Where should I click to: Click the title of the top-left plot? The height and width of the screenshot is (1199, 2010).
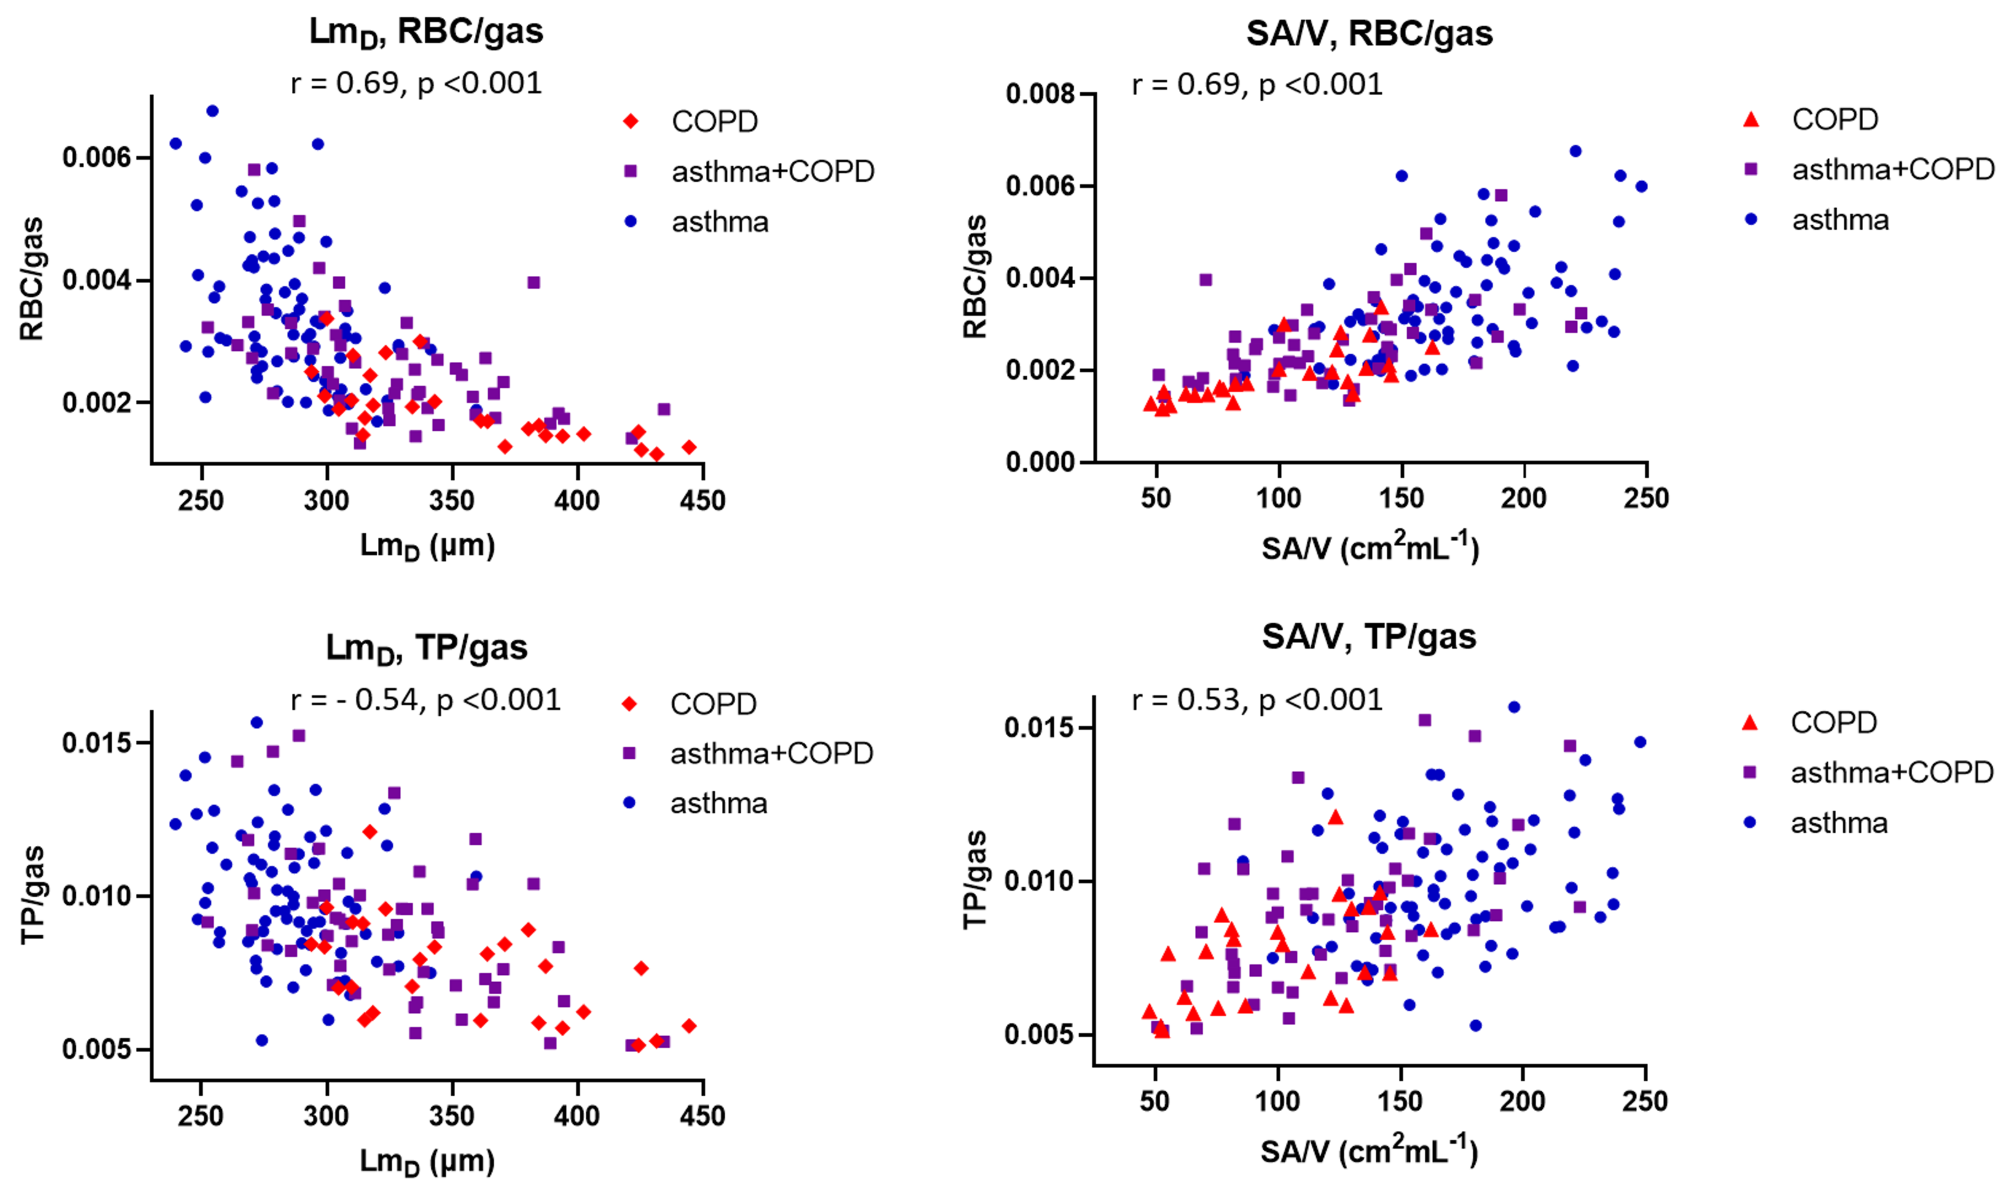pos(426,33)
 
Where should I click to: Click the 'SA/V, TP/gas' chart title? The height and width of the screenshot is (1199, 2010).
pos(1369,637)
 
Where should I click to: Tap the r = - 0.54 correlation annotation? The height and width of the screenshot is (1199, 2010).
pos(425,700)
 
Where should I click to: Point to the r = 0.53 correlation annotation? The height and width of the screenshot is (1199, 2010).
pos(1257,700)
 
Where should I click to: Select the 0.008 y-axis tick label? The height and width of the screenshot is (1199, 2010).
pos(1041,95)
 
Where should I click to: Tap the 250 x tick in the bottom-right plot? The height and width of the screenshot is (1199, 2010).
pos(1645,1101)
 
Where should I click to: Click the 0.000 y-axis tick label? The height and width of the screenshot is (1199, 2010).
pos(1041,463)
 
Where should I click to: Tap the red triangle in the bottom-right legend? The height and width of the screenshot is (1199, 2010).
pos(1750,722)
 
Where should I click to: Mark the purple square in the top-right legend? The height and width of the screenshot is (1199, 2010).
pos(1751,170)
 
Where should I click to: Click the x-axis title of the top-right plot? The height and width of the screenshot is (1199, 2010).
pos(1370,548)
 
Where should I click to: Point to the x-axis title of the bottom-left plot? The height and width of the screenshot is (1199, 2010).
pos(426,1162)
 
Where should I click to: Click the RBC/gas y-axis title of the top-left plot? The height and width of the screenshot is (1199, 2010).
pos(33,279)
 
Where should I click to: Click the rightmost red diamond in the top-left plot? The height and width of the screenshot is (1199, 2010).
pos(688,447)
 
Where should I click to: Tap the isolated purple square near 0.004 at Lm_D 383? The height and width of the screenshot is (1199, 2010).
pos(533,283)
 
